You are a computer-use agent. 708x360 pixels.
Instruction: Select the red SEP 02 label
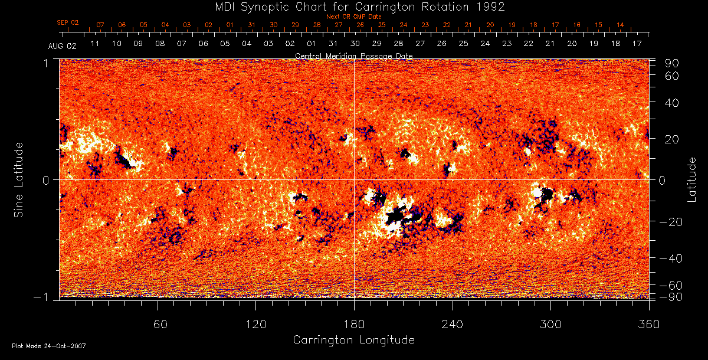tap(68, 22)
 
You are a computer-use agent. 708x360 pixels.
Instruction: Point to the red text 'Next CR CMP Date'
tap(354, 17)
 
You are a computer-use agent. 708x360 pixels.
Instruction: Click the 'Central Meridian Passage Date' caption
tap(354, 55)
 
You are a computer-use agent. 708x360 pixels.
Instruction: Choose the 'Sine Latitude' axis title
tap(19, 179)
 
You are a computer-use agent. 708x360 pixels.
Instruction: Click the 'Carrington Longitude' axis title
tap(354, 340)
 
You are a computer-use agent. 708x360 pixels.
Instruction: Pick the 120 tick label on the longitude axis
tap(256, 324)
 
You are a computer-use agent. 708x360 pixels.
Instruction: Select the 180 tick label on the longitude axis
tap(354, 324)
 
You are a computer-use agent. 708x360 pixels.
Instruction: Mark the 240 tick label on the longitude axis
tap(453, 324)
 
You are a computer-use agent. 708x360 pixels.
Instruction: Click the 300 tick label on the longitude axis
tap(550, 324)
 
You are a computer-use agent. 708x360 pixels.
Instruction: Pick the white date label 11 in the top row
tap(94, 44)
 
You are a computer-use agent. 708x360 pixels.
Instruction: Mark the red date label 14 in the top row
tap(620, 25)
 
